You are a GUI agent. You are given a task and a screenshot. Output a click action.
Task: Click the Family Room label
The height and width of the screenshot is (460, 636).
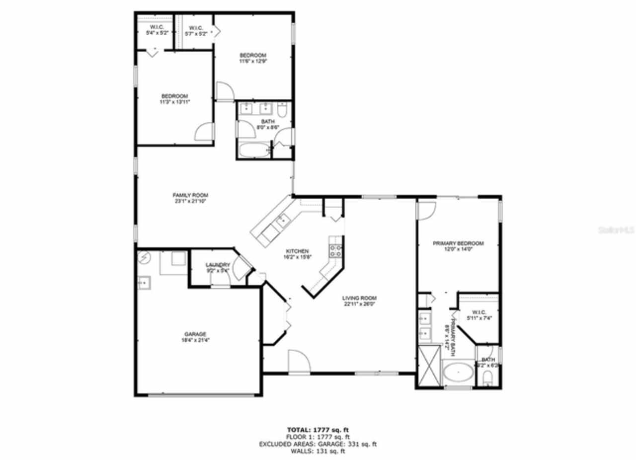click(x=190, y=195)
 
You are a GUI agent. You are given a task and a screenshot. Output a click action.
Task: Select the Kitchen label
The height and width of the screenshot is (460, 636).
click(x=297, y=251)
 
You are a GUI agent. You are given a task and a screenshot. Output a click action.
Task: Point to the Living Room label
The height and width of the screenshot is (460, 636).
click(x=358, y=298)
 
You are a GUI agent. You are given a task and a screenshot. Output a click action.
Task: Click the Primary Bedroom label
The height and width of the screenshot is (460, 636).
click(x=458, y=243)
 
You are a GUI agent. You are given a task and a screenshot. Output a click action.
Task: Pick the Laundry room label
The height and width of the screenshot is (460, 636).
click(x=218, y=265)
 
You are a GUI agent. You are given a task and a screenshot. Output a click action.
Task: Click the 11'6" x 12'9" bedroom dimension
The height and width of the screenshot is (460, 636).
click(x=253, y=62)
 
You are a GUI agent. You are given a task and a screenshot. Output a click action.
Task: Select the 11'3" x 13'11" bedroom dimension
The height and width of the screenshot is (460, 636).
click(x=174, y=102)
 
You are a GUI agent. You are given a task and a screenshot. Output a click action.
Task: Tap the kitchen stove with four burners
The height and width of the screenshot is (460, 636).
click(x=335, y=251)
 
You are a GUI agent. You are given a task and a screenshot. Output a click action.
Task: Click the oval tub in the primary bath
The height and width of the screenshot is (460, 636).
click(x=458, y=373)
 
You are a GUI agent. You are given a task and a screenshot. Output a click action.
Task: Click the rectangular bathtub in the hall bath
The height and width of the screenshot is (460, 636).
click(x=254, y=150)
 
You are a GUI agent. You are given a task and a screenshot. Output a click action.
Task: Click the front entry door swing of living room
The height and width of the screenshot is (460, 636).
click(x=300, y=362)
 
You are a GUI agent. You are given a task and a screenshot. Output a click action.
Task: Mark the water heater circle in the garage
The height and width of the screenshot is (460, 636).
click(x=144, y=258)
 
